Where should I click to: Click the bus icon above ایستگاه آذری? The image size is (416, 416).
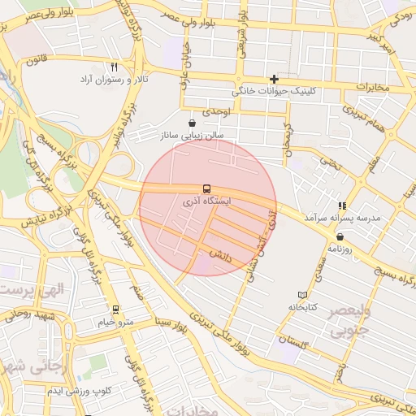click(x=207, y=188)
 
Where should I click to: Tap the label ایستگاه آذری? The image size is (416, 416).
click(x=207, y=200)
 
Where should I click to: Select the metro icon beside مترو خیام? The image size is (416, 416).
click(x=115, y=310)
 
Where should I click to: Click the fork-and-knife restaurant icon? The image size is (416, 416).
click(x=114, y=67)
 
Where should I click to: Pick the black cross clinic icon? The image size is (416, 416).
click(x=275, y=79)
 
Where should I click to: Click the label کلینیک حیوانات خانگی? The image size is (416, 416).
click(x=276, y=91)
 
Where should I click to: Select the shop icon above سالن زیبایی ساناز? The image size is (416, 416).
click(x=192, y=123)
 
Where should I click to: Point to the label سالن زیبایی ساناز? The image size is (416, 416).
click(x=193, y=136)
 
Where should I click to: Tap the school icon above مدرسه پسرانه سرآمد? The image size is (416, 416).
click(x=342, y=206)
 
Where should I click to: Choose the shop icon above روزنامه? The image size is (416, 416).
click(x=339, y=236)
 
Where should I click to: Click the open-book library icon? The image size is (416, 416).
click(x=303, y=294)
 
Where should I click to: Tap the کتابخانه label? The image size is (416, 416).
click(x=302, y=307)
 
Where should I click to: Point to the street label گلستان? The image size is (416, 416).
click(x=293, y=339)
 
